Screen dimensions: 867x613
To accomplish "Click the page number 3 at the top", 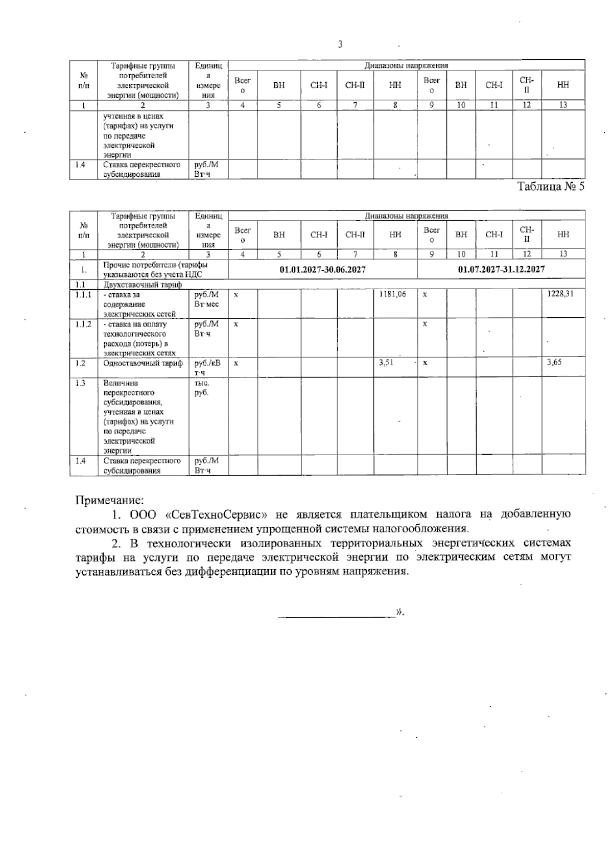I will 340,44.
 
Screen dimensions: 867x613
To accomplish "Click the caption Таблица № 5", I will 551,187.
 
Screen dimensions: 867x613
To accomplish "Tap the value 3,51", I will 386,363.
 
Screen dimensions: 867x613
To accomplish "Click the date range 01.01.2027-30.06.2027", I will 322,269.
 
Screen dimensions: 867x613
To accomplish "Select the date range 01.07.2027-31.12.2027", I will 501,269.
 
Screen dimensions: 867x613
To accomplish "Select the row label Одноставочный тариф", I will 143,363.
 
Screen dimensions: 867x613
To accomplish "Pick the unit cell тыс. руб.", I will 202,388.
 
